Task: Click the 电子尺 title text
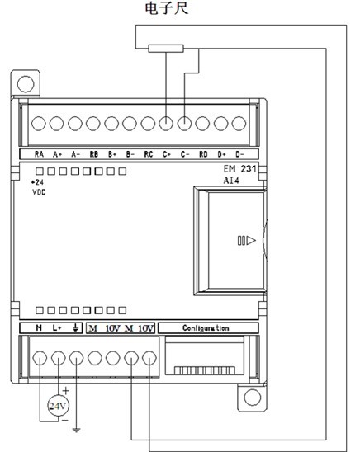coord(167,8)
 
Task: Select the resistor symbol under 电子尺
coord(166,49)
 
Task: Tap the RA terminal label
coord(39,154)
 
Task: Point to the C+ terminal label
coord(167,154)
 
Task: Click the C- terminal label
coord(185,154)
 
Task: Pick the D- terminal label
coord(239,154)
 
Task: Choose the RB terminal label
coord(94,154)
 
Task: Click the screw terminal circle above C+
coord(166,124)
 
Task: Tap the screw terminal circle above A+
coord(56,124)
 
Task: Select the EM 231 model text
coord(239,168)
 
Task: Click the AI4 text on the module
coord(231,181)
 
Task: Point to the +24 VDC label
coord(39,187)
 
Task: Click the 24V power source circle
coord(59,406)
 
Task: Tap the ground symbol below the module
coord(77,430)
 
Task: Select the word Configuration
coord(206,328)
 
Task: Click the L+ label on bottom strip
coord(57,328)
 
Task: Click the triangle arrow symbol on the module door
coord(251,240)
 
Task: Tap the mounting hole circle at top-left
coord(26,84)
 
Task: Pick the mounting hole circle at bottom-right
coord(253,398)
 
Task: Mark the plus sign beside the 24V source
coord(66,391)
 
